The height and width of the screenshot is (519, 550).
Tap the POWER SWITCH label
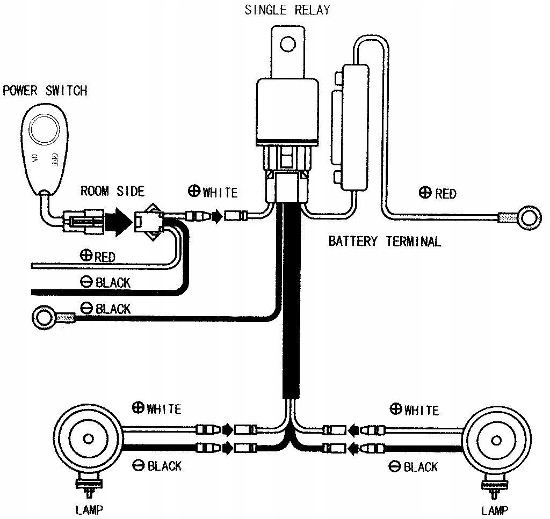(45, 90)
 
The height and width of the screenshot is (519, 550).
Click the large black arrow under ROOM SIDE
(118, 219)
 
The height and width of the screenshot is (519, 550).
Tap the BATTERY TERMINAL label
(385, 241)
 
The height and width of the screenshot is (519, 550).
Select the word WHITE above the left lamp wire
(163, 409)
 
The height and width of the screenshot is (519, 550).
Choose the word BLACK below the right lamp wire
(421, 467)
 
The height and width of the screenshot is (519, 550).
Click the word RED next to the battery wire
(446, 193)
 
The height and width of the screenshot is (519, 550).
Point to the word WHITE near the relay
(220, 192)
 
